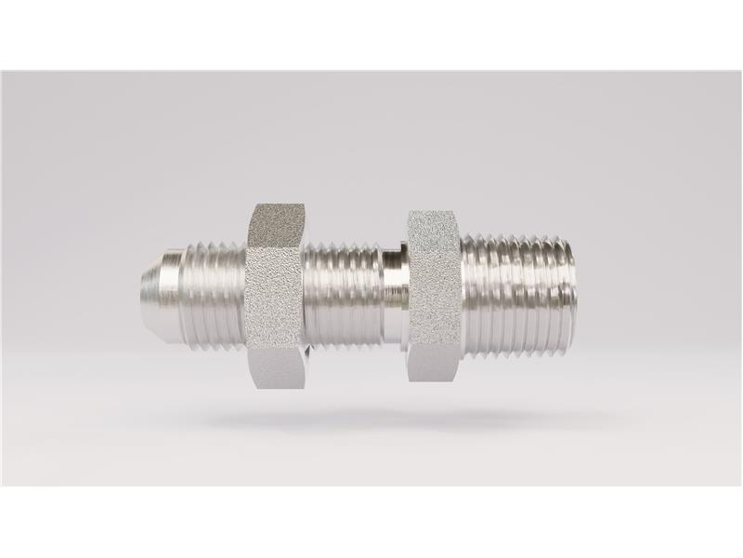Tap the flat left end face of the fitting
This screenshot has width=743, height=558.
coord(144,279)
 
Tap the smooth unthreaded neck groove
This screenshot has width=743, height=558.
coord(394,279)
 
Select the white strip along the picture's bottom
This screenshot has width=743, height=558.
coord(371,522)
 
